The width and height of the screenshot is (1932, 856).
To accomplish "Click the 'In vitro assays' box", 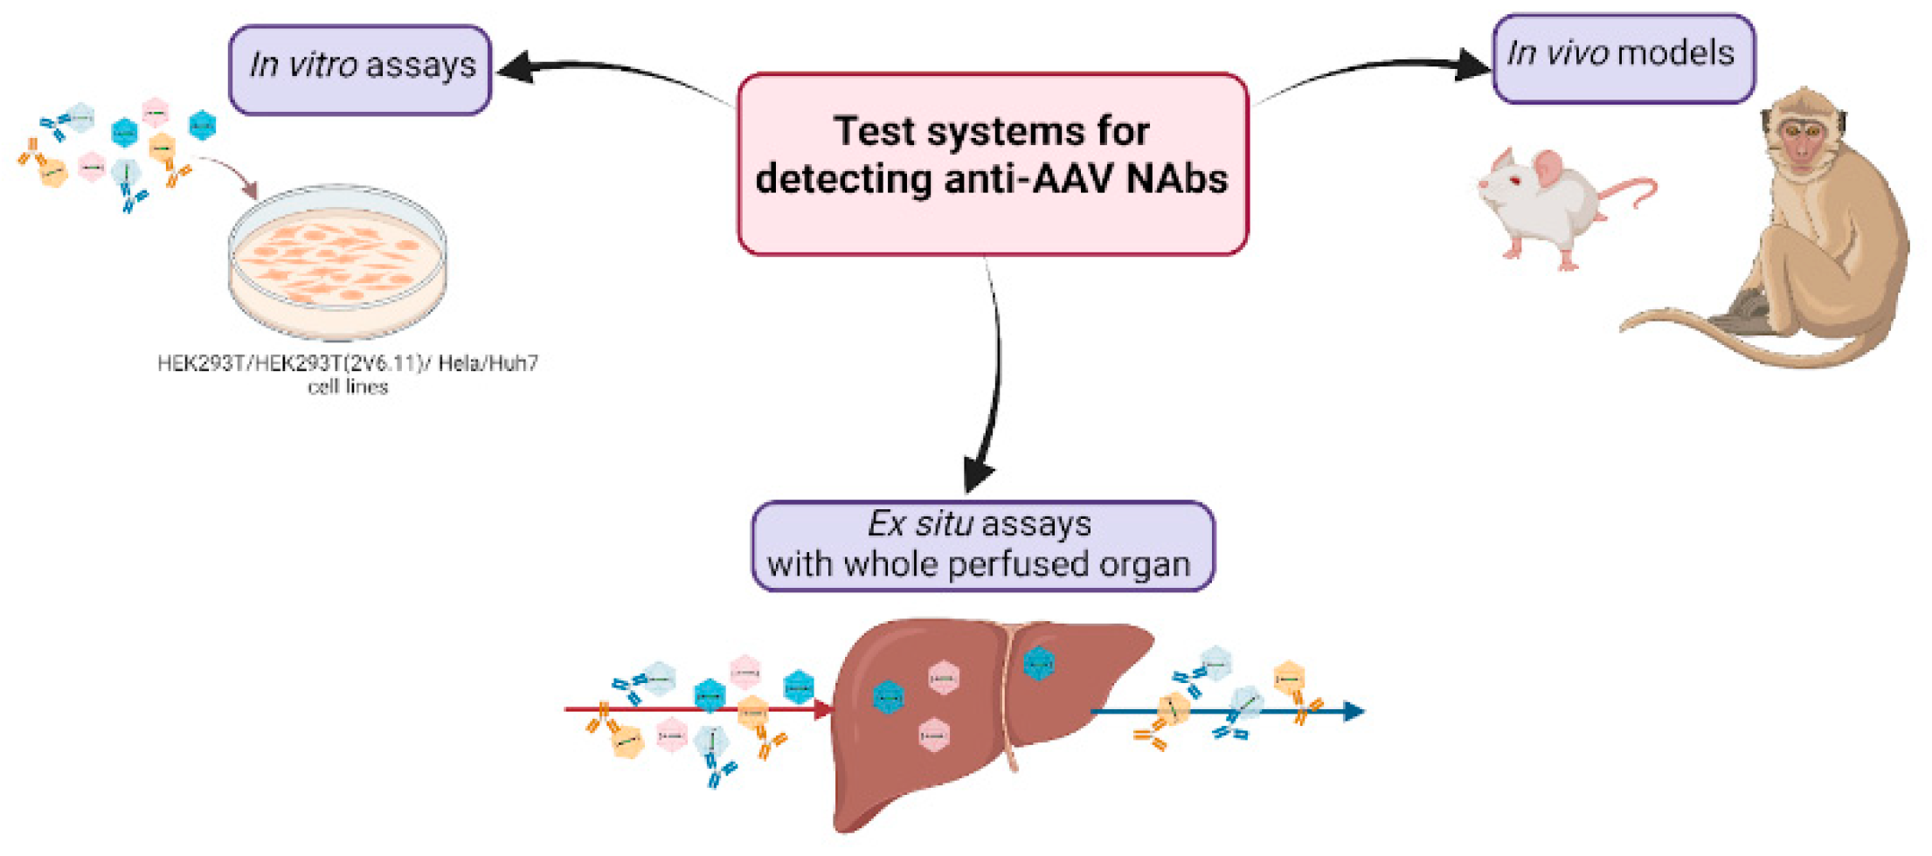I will click(x=360, y=70).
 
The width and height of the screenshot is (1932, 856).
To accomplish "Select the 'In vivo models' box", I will click(x=1623, y=58).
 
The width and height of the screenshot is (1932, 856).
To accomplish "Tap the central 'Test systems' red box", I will click(x=992, y=163).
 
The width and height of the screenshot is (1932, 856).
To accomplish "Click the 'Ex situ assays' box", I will click(x=982, y=545).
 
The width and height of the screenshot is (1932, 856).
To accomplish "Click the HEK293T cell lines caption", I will click(x=348, y=374).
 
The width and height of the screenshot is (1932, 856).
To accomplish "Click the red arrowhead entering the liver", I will click(x=822, y=709).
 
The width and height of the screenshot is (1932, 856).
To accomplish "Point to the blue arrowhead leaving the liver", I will click(x=1354, y=712).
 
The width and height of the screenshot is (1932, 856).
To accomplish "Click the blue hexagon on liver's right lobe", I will click(x=1038, y=664).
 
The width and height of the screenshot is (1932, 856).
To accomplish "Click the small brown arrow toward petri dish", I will click(x=248, y=187).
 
